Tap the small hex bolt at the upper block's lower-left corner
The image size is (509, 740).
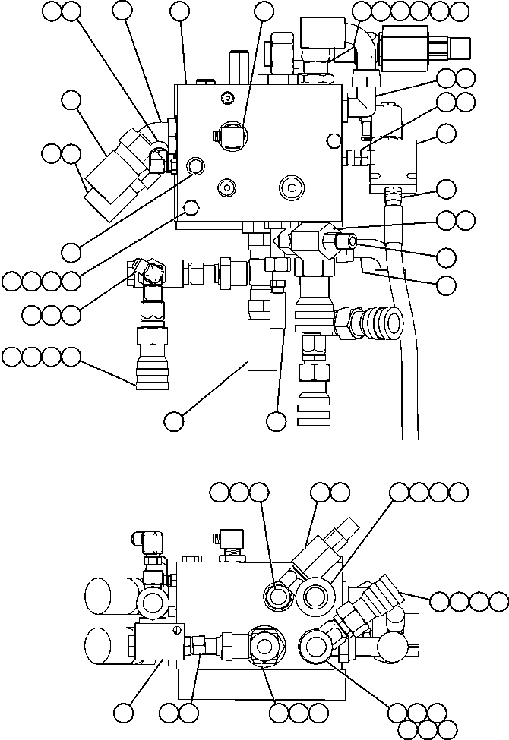(192, 206)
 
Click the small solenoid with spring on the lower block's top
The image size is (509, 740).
(226, 542)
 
